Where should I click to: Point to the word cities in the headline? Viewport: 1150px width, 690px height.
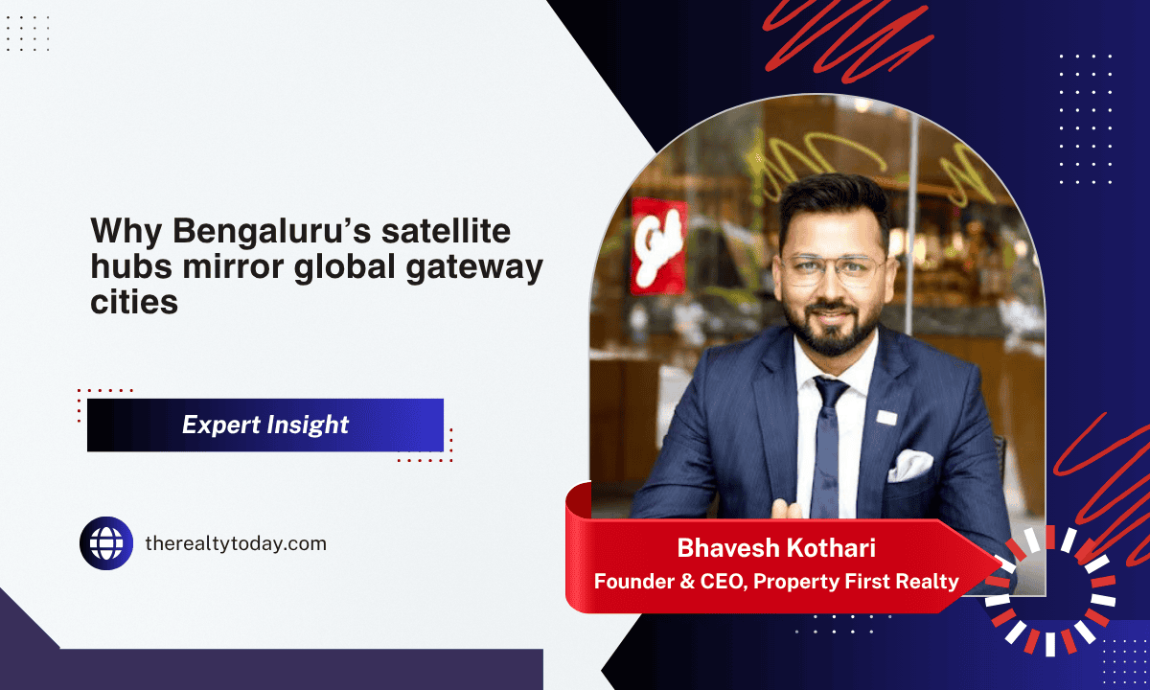(134, 302)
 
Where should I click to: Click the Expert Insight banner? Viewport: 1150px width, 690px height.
(265, 425)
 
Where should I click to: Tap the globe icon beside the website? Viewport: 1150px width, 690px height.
(106, 543)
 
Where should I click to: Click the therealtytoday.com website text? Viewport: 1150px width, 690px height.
(236, 543)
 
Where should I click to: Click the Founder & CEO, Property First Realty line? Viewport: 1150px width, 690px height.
(776, 581)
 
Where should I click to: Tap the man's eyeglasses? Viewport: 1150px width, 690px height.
(832, 269)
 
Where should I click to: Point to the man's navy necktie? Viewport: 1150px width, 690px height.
(827, 431)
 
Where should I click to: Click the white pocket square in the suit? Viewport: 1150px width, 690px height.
(908, 466)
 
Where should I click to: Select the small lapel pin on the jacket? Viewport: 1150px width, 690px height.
(885, 417)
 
